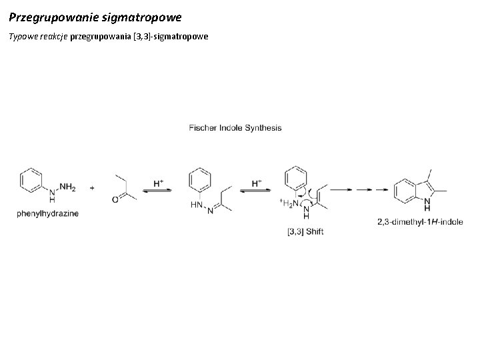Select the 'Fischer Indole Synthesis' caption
coord(235,127)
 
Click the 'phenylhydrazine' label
coord(47,214)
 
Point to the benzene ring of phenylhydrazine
coord(31,179)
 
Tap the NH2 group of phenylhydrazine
coord(68,189)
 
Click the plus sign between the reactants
coord(91,188)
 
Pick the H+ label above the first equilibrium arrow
coord(159,181)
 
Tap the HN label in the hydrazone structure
coord(195,205)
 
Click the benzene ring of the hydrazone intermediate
coord(199,179)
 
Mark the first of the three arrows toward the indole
coord(341,189)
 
